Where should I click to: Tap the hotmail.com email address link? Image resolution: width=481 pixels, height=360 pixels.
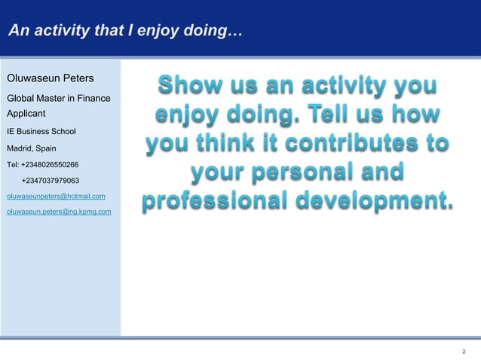coord(56,197)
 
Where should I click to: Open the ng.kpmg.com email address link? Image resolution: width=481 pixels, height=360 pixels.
coord(59,212)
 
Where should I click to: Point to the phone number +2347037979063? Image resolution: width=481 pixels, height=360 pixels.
coord(51,181)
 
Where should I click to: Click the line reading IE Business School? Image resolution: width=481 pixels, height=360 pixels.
coord(41,131)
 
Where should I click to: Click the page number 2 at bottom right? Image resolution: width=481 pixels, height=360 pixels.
coord(464,352)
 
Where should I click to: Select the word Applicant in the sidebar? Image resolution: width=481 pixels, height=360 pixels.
coord(26,113)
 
